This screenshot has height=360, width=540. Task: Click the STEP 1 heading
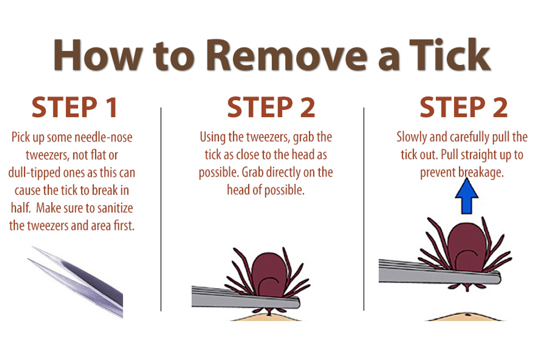coord(74,107)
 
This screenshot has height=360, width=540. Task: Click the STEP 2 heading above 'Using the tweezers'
coord(271,107)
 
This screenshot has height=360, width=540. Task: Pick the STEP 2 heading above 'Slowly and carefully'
coord(463,107)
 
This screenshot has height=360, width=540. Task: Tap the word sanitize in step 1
coord(110,208)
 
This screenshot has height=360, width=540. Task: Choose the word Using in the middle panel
coord(214,137)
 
